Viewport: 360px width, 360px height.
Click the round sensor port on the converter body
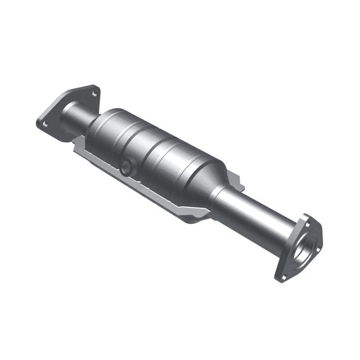coord(126,165)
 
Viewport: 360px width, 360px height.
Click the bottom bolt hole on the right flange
coord(283,276)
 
